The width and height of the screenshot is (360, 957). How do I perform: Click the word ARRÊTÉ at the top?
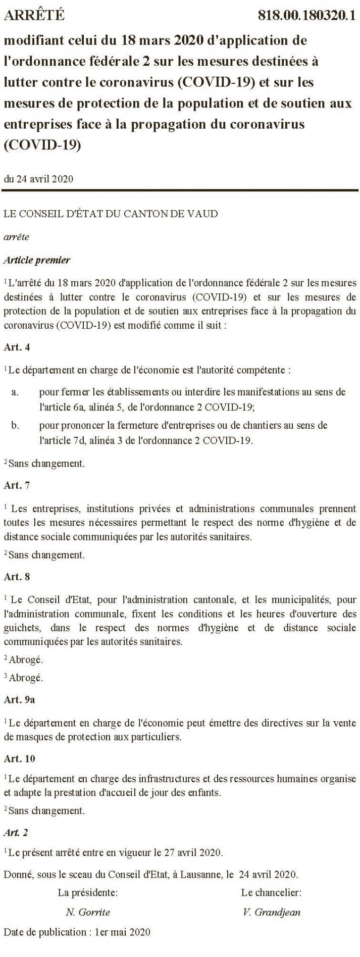pyautogui.click(x=34, y=16)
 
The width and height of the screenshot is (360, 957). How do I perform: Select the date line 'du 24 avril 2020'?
pyautogui.click(x=38, y=179)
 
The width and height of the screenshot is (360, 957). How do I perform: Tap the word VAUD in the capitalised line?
pyautogui.click(x=203, y=214)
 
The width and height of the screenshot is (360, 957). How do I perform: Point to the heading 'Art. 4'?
pyautogui.click(x=17, y=347)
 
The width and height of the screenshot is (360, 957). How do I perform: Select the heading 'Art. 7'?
pyautogui.click(x=17, y=485)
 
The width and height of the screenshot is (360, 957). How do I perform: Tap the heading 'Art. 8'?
pyautogui.click(x=17, y=576)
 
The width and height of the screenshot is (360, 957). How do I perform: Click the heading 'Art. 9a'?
pyautogui.click(x=19, y=700)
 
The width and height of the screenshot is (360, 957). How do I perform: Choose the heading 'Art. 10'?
pyautogui.click(x=19, y=759)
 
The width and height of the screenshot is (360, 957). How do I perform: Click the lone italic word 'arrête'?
pyautogui.click(x=16, y=237)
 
